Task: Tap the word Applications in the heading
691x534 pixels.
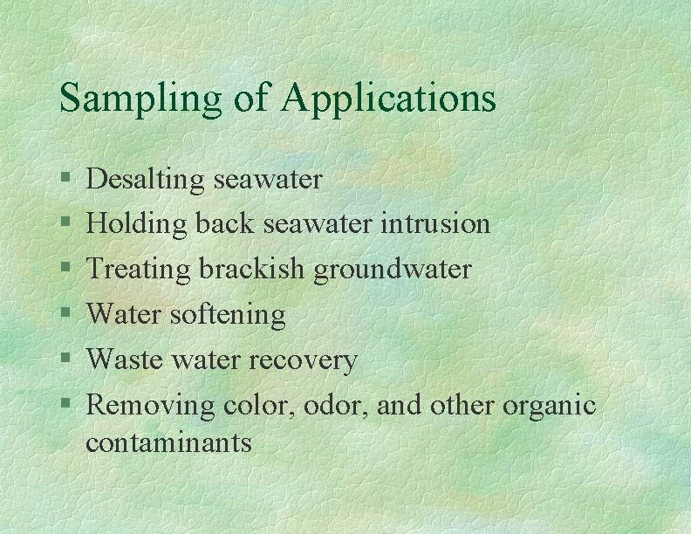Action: tap(388, 99)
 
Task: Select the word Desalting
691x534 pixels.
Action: tap(145, 180)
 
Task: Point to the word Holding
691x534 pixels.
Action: tap(137, 225)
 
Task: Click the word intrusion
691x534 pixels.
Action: tap(435, 224)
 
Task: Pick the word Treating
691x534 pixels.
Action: tap(140, 270)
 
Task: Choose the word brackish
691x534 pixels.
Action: tap(252, 270)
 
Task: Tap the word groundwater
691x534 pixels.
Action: tap(393, 270)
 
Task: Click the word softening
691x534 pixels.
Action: tap(234, 315)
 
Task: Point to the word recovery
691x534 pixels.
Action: tap(304, 360)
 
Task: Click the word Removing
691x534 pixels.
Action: tap(151, 405)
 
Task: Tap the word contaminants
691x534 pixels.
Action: tap(168, 442)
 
